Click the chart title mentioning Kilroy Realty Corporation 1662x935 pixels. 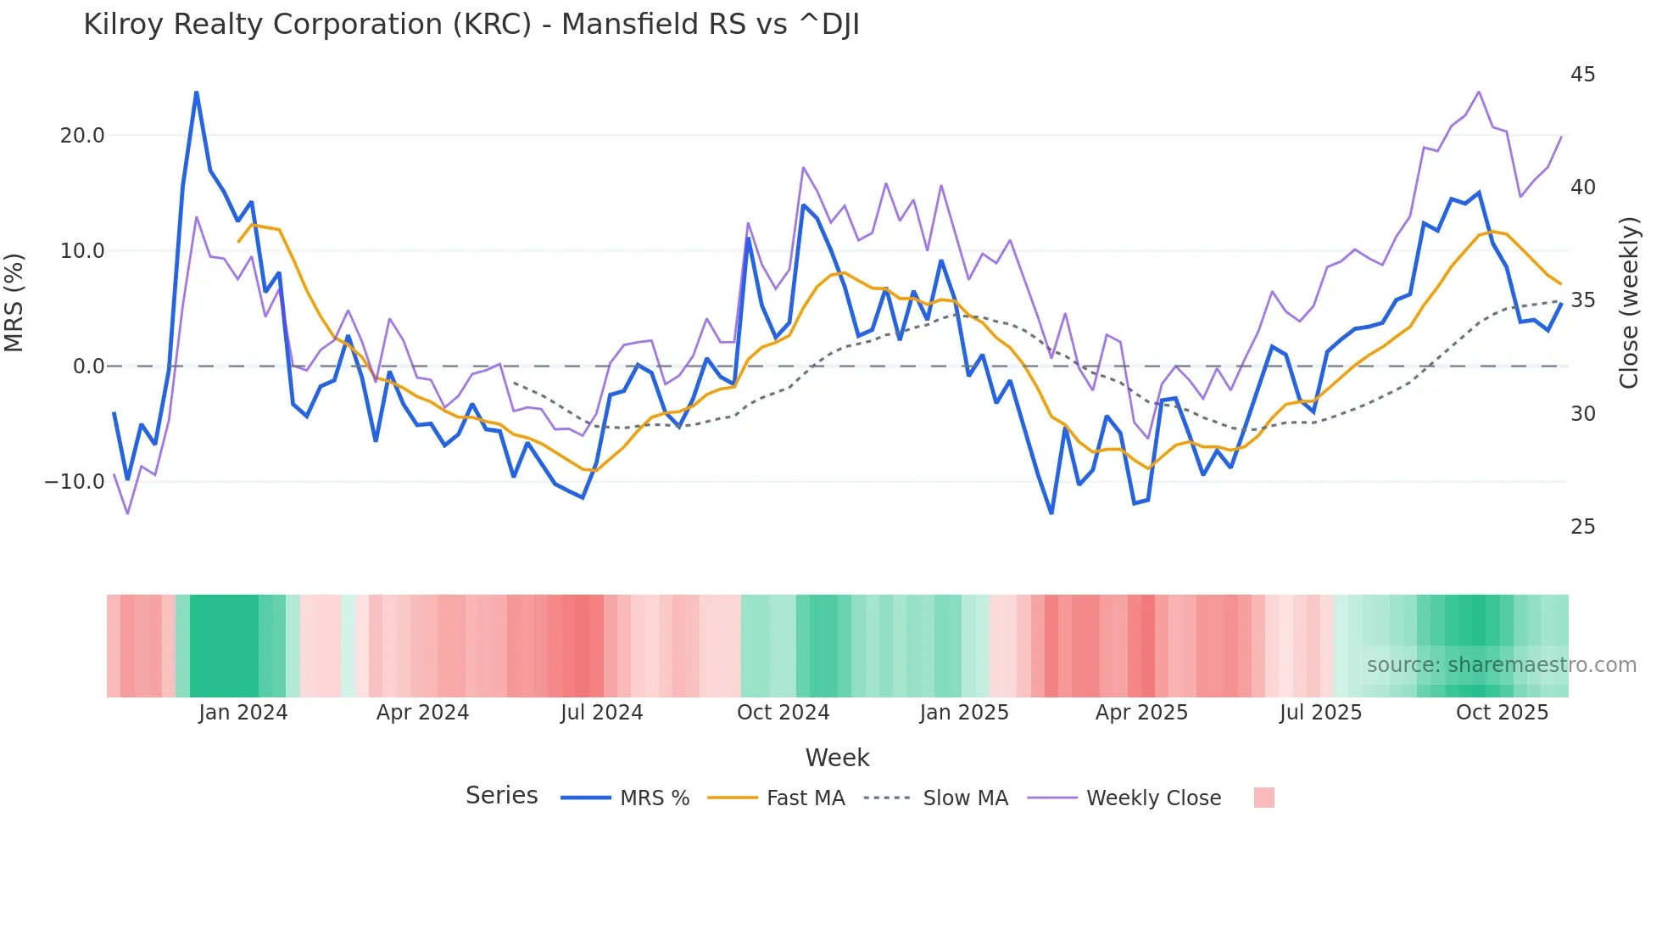tap(471, 25)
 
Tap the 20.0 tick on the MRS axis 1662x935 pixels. tap(82, 136)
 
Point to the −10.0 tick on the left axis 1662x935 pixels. tap(75, 482)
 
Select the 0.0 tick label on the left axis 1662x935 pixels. tap(88, 367)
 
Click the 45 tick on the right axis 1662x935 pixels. tap(1582, 75)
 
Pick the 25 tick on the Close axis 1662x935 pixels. tap(1582, 527)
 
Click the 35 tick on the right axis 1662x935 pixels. tap(1582, 300)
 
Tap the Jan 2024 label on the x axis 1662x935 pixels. tap(243, 713)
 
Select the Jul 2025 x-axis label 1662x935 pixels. tap(1320, 713)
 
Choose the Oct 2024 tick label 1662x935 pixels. tap(783, 713)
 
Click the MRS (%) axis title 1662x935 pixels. tap(14, 303)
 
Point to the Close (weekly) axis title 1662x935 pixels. tap(1628, 303)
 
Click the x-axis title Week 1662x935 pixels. tap(837, 758)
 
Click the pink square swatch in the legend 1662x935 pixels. tap(1263, 798)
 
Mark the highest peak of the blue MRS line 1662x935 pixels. tap(196, 92)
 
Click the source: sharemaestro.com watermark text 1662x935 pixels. tap(1501, 665)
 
